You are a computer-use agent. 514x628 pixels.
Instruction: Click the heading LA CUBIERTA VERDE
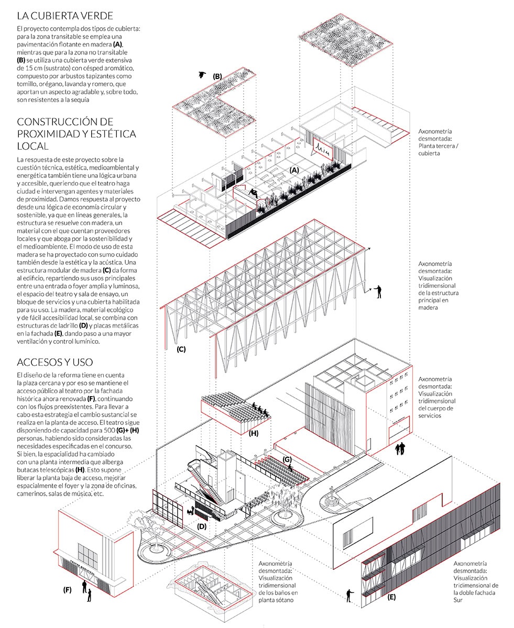point(65,16)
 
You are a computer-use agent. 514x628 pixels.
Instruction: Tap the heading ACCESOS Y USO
point(55,362)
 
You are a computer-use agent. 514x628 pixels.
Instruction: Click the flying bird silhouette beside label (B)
point(202,74)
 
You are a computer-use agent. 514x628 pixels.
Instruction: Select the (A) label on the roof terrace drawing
point(294,170)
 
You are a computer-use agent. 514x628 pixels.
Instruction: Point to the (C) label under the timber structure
point(181,349)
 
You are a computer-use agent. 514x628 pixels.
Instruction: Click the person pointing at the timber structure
point(379,291)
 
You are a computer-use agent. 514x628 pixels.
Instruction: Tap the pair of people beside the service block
point(400,448)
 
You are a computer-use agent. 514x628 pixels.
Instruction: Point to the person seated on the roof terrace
point(254,194)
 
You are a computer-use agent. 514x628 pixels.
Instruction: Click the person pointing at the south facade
point(349,595)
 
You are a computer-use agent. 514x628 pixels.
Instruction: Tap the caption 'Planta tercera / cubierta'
point(438,150)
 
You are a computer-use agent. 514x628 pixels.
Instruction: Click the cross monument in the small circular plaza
point(331,496)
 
